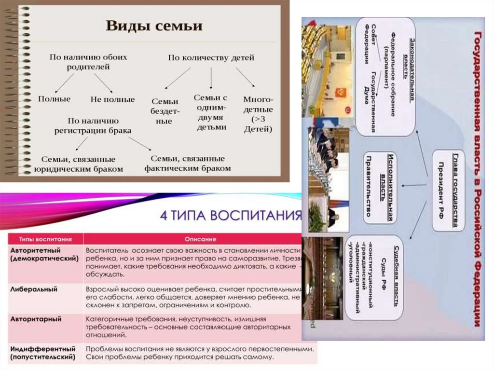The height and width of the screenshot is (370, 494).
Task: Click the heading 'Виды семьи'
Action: click(x=154, y=26)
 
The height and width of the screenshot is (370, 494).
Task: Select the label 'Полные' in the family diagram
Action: click(x=54, y=99)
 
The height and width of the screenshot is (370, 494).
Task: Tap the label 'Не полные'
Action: click(x=112, y=99)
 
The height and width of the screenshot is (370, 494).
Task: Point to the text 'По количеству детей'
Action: click(x=211, y=57)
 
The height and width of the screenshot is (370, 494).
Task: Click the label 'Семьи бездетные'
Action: click(x=165, y=111)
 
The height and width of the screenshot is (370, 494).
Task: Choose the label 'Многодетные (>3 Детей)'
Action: click(x=258, y=114)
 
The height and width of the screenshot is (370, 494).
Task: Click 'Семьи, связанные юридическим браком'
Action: click(x=78, y=164)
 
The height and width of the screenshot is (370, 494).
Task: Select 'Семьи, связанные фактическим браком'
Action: click(x=187, y=163)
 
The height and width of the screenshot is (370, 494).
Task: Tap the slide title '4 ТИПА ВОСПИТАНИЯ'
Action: click(x=231, y=214)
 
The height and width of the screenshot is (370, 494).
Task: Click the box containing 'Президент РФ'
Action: click(x=448, y=190)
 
